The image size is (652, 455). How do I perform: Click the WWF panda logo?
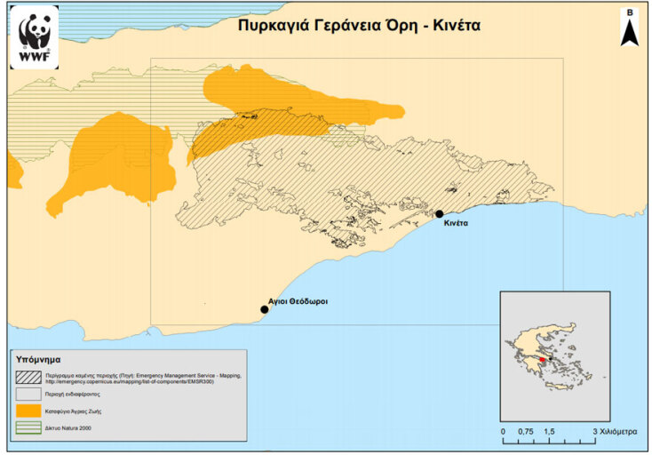pos(35,36)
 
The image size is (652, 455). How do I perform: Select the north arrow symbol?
pos(630,29)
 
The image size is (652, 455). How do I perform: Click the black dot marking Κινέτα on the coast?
pos(439,213)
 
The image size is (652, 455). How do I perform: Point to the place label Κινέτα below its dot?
pos(451,224)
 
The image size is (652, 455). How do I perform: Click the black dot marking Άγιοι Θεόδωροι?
pos(264,309)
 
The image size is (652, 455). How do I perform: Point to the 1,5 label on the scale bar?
pos(550,430)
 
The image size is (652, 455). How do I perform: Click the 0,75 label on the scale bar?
pos(527,430)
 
